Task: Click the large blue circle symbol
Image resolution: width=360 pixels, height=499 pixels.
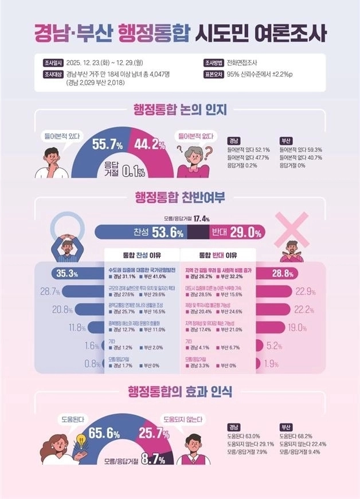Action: pyautogui.click(x=66, y=227)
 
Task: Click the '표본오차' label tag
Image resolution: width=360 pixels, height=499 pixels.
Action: pyautogui.click(x=211, y=74)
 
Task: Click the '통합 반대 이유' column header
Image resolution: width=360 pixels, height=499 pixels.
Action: pyautogui.click(x=218, y=255)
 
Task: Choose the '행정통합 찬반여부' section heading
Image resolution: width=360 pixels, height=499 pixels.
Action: pyautogui.click(x=180, y=197)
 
